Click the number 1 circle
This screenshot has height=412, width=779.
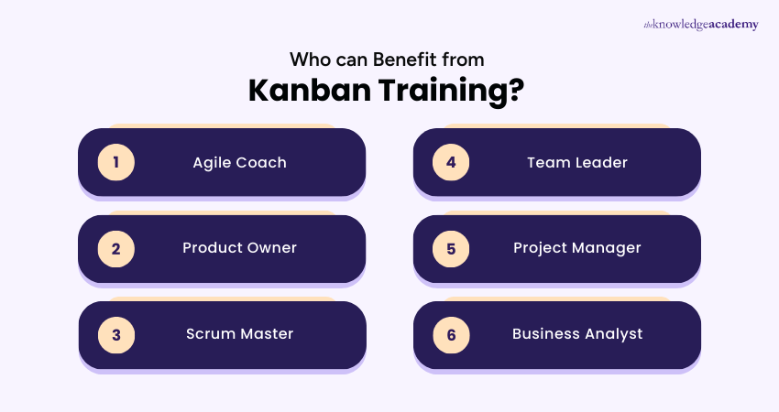click(116, 163)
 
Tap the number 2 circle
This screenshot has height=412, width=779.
click(116, 248)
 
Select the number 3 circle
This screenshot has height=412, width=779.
click(116, 334)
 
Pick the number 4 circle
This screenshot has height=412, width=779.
click(451, 163)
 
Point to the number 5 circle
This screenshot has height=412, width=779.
click(451, 248)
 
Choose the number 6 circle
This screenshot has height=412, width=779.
click(451, 334)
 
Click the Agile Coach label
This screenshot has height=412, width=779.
click(239, 163)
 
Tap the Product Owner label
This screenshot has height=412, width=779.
click(239, 248)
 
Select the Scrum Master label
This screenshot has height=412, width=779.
click(239, 334)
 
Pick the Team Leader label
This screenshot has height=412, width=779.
click(576, 163)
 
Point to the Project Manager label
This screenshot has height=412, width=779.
click(576, 248)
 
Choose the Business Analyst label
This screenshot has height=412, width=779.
click(576, 334)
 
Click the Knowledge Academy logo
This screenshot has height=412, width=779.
click(701, 25)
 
